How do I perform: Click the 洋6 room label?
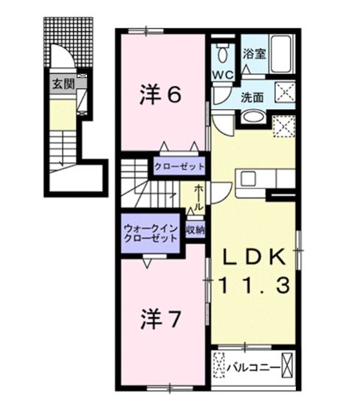(x=161, y=95)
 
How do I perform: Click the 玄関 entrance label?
(x=62, y=83)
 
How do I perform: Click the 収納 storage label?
(x=195, y=230)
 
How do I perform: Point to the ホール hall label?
(x=200, y=198)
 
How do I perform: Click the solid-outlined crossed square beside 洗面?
(x=283, y=92)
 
